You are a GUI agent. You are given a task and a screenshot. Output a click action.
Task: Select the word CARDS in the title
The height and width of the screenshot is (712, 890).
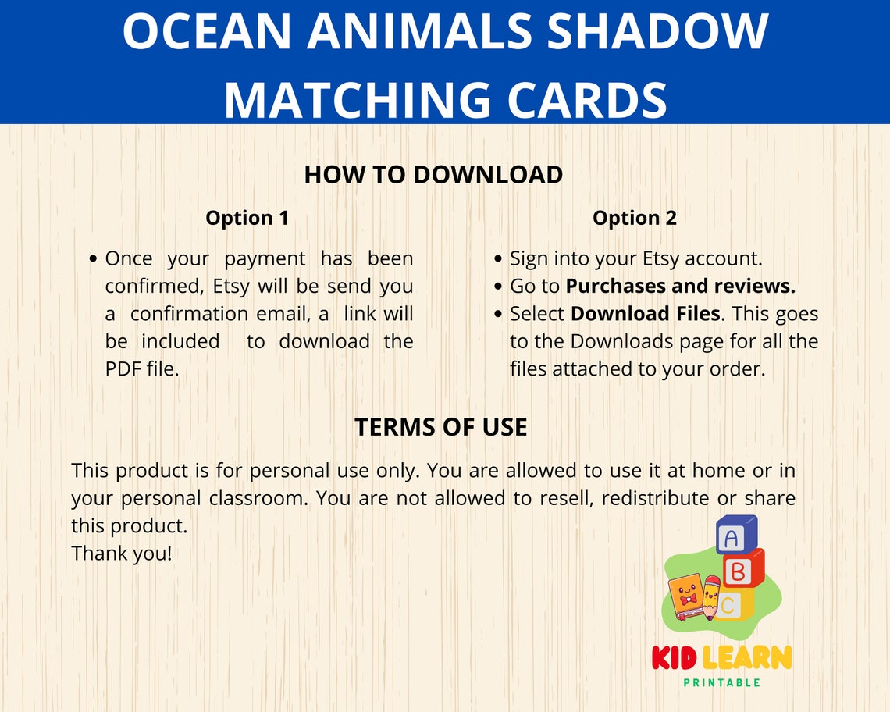(x=576, y=100)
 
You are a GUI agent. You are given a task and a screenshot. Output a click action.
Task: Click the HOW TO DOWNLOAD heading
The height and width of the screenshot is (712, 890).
(x=433, y=175)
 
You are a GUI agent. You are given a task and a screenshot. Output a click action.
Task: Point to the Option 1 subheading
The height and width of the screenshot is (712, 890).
(x=247, y=218)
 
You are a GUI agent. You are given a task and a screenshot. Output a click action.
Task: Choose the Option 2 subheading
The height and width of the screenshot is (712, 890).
(x=635, y=218)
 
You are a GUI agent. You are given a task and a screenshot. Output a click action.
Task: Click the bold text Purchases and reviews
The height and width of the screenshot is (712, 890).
(x=680, y=287)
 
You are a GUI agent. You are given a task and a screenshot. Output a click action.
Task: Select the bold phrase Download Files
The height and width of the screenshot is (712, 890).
(x=645, y=314)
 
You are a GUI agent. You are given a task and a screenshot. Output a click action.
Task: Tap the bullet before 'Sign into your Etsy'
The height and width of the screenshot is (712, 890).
(x=499, y=259)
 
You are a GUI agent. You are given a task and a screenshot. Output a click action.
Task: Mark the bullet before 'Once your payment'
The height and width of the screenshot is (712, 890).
(x=94, y=259)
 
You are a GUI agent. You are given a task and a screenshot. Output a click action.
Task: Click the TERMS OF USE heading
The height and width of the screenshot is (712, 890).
(x=441, y=427)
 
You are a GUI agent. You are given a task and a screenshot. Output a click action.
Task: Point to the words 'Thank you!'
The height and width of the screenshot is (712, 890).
(x=121, y=554)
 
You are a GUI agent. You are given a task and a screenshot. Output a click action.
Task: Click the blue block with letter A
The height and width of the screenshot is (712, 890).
(x=733, y=537)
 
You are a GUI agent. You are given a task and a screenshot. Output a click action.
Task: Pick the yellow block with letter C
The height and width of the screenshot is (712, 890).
(x=730, y=604)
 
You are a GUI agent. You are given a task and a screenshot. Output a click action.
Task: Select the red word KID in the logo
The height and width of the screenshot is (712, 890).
(x=675, y=657)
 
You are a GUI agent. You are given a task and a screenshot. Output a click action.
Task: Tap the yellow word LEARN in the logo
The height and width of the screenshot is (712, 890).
(x=746, y=657)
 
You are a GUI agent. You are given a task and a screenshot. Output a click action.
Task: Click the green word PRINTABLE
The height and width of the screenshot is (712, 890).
(x=721, y=682)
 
